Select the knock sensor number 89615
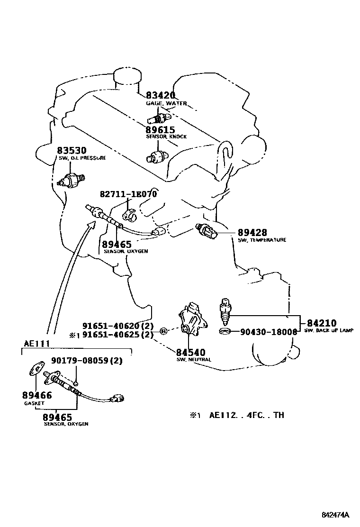160,129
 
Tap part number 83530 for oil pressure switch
72,151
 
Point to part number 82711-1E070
128,194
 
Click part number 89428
252,233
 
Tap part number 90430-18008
265,332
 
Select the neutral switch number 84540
191,352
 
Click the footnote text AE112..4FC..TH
247,415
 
